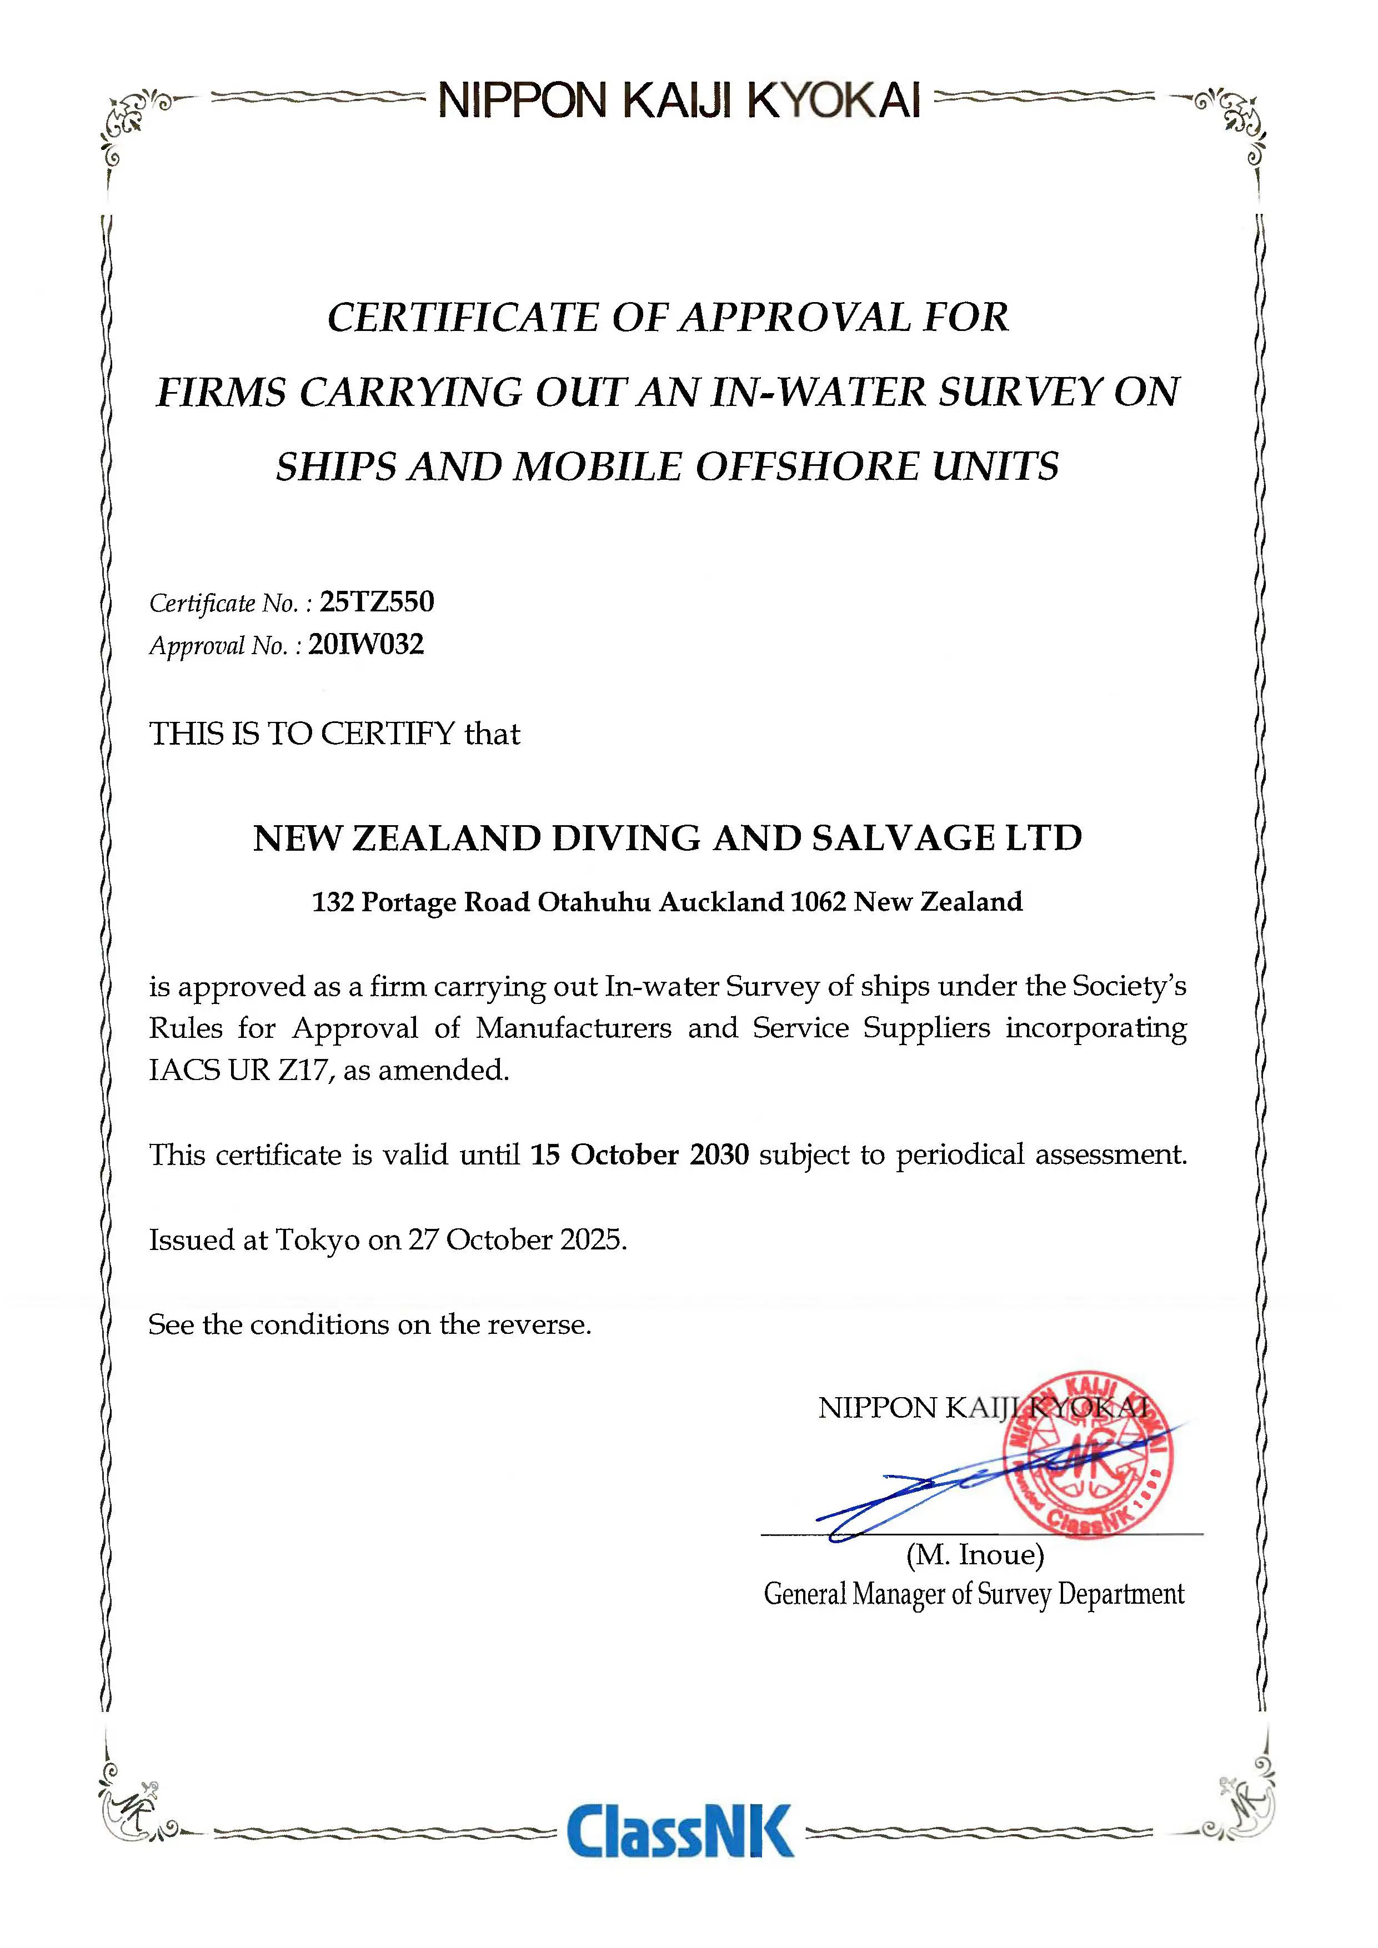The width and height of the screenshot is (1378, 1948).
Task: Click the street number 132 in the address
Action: click(333, 901)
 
